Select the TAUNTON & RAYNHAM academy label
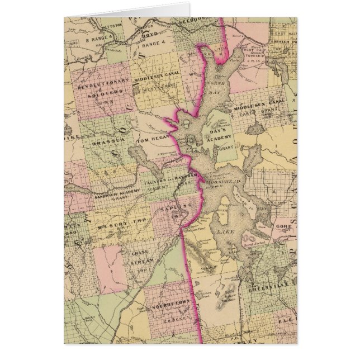click(168, 184)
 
